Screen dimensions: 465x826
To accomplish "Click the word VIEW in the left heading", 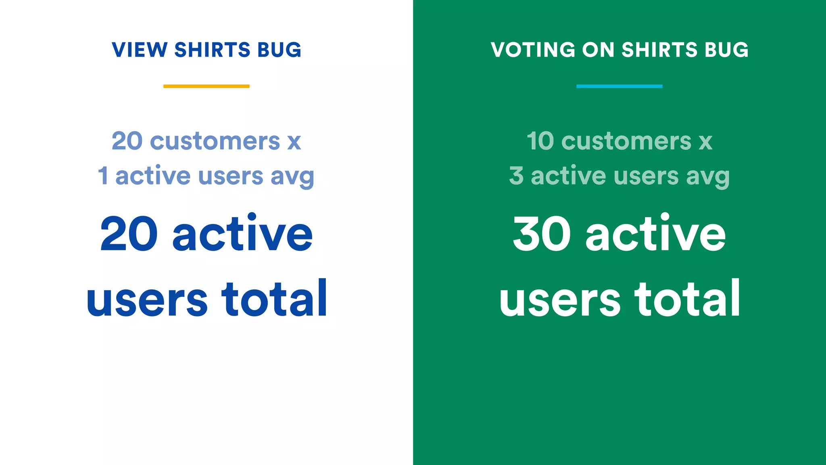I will [x=140, y=50].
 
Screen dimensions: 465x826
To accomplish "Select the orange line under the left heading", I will [x=206, y=86].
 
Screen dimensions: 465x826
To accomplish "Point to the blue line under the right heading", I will [x=619, y=86].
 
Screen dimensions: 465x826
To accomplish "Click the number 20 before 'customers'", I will [x=127, y=141].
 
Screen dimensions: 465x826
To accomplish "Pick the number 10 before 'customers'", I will [x=540, y=141].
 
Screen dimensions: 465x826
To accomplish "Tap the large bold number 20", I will [x=129, y=234].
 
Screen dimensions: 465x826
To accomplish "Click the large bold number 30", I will [x=542, y=234].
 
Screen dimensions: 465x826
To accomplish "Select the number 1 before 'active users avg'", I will [x=103, y=176].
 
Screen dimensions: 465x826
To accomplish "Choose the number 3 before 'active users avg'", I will [x=516, y=176].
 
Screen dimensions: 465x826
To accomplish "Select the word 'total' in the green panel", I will [x=688, y=299].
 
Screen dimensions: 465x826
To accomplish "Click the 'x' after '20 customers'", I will [x=294, y=142].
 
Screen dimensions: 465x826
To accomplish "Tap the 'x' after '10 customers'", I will [x=705, y=142].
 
